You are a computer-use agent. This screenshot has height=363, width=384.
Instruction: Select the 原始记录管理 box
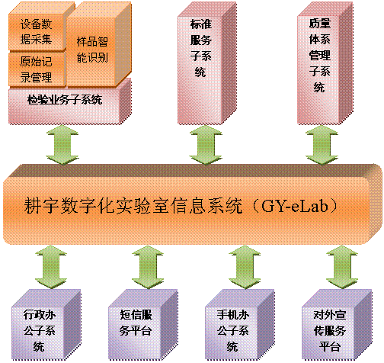[x=36, y=69]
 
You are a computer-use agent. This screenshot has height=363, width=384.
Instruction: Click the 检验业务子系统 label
[x=64, y=100]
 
